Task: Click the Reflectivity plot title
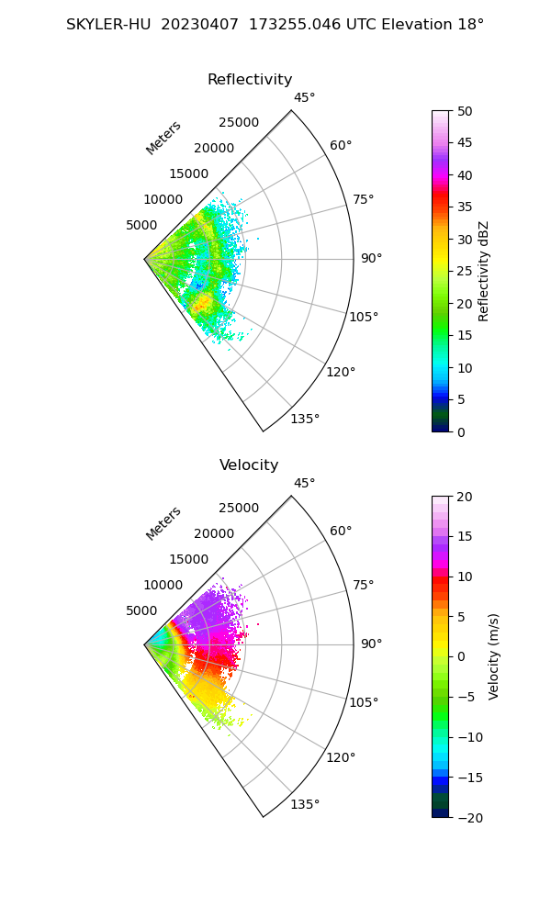(250, 80)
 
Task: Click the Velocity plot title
(249, 465)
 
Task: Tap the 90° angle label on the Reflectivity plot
(371, 259)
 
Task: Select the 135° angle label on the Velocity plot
(305, 805)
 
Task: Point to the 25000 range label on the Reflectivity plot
(239, 123)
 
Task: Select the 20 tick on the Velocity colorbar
(464, 497)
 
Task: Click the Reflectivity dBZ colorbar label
(484, 271)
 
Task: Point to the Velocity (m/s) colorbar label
(494, 656)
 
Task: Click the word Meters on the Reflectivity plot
(163, 138)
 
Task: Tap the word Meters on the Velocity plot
(163, 523)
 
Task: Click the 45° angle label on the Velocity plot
(304, 484)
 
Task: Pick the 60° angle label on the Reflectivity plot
(341, 145)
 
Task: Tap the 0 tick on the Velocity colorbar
(460, 656)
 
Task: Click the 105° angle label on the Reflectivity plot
(364, 317)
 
